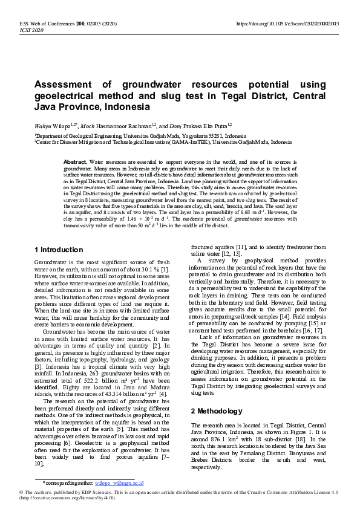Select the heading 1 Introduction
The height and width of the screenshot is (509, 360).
click(59, 250)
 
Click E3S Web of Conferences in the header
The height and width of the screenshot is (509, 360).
click(40, 23)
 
